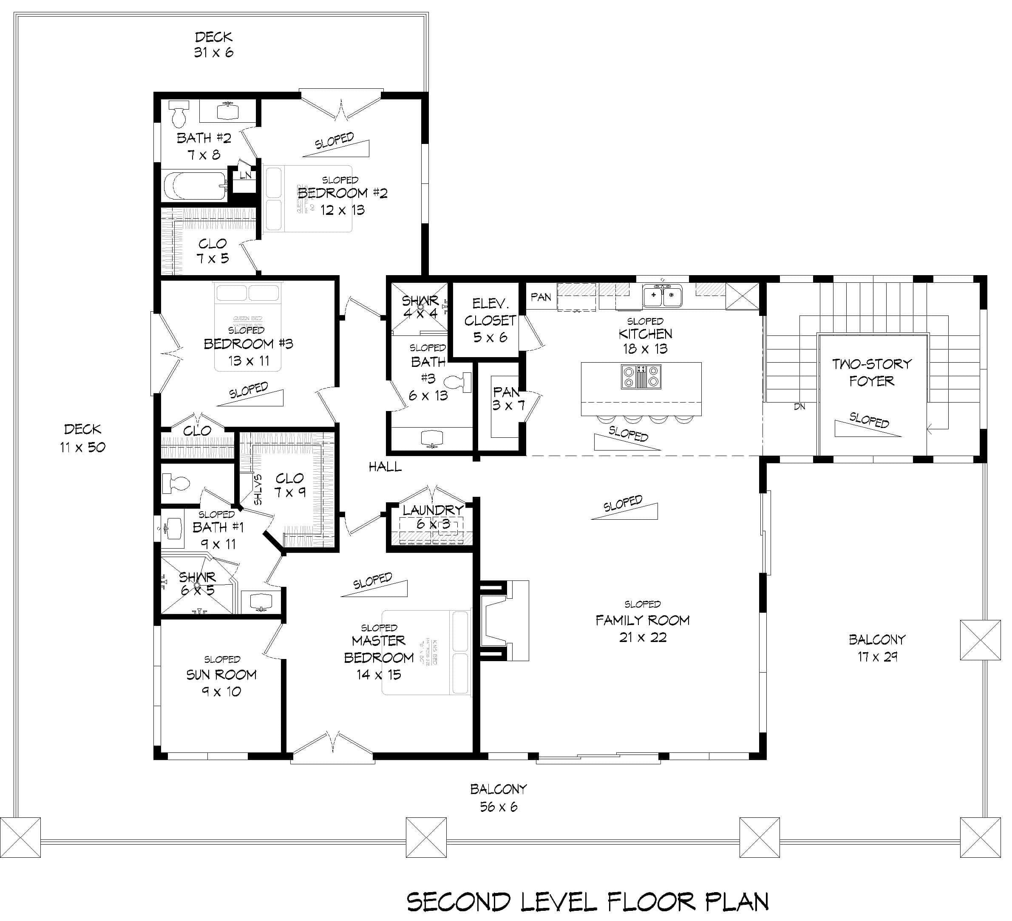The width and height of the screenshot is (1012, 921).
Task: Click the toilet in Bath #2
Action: tap(178, 114)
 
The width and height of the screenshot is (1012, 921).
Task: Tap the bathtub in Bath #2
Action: tap(195, 186)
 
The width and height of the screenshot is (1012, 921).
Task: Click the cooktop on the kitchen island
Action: tap(641, 377)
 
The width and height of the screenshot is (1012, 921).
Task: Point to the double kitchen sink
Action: tap(663, 296)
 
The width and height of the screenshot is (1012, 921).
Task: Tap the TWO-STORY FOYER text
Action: tap(871, 372)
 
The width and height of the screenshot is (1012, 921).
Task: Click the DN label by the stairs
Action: tap(799, 407)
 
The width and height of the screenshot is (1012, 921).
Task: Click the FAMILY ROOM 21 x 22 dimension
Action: tap(643, 638)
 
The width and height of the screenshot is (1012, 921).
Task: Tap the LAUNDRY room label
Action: tap(433, 510)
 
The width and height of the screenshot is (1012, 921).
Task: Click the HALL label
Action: tap(385, 467)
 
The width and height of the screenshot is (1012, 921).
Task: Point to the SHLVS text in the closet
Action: tap(258, 490)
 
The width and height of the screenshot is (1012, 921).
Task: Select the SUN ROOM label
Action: tap(221, 675)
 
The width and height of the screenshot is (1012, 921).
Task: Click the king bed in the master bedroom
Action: tap(427, 652)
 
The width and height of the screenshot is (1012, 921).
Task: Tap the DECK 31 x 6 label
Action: tap(214, 45)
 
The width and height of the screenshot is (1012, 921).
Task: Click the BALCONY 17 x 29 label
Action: tap(877, 648)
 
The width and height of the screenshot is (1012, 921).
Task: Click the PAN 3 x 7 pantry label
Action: tap(507, 398)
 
